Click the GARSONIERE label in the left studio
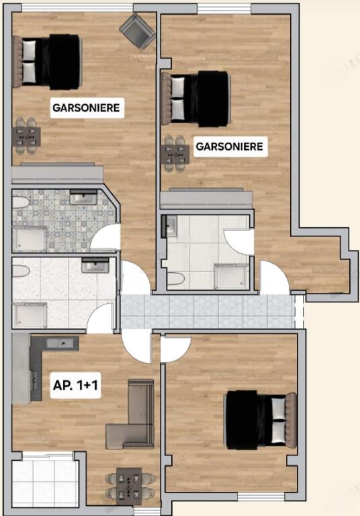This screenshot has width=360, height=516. point(87,107)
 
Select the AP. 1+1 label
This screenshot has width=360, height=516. point(76,387)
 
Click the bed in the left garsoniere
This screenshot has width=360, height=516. point(48,61)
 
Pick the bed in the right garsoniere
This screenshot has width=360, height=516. point(196,98)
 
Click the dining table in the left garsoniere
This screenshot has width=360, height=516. point(26,137)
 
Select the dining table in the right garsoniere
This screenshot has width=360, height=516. point(175,154)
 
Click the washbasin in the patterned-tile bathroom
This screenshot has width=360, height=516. point(84,198)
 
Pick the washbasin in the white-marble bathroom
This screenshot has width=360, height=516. point(95,266)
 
